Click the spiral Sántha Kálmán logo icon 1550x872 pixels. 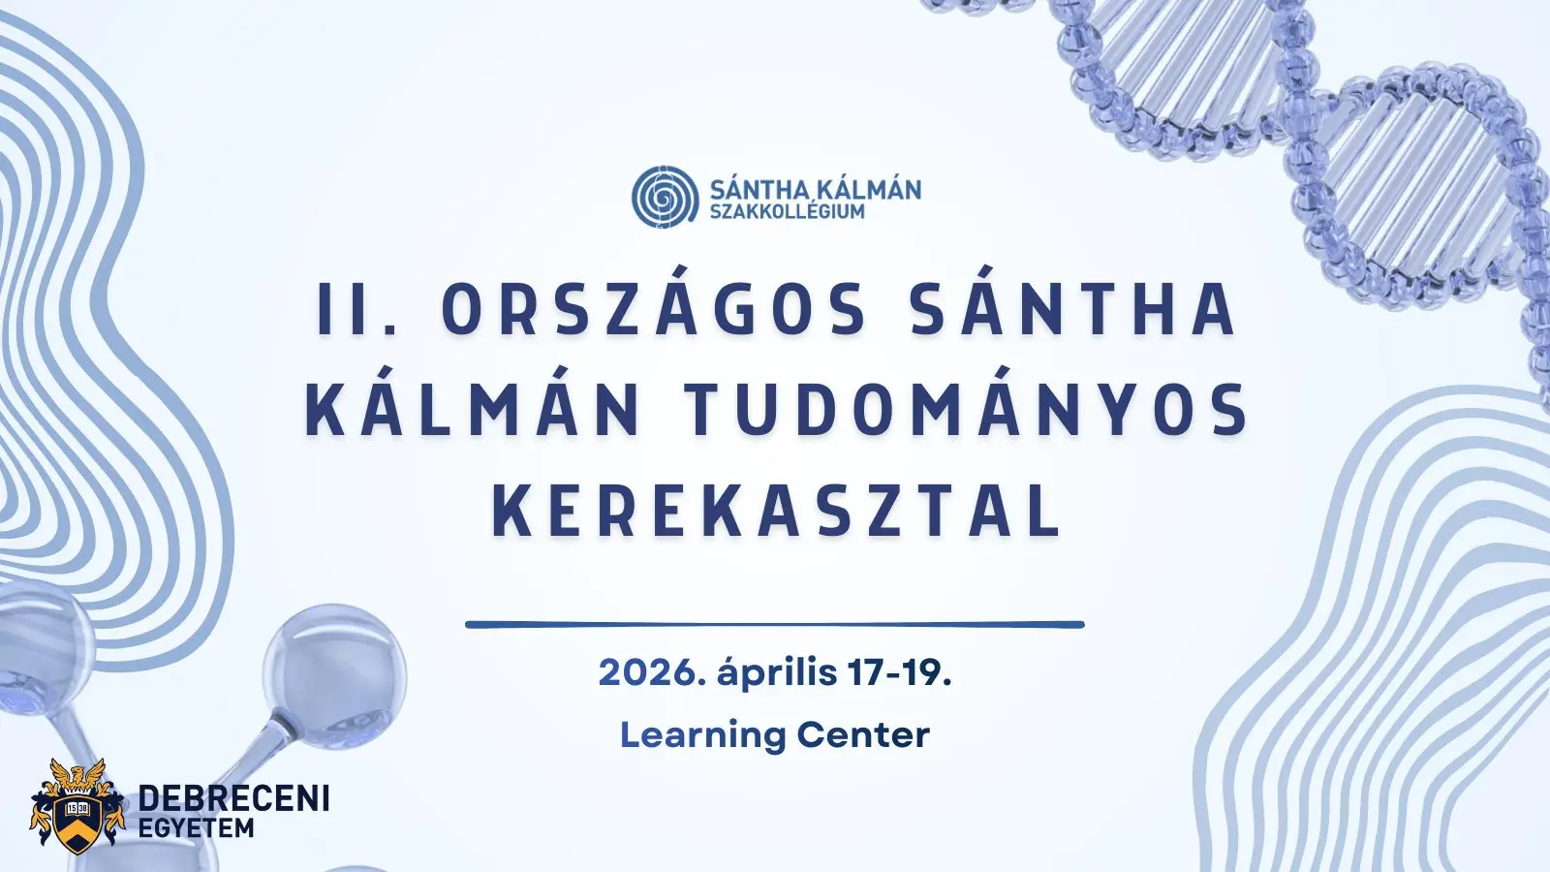pos(665,197)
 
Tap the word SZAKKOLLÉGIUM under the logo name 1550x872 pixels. pos(787,211)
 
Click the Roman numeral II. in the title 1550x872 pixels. pos(357,310)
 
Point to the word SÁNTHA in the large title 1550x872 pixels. pos(1072,310)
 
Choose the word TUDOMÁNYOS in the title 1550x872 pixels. pos(968,411)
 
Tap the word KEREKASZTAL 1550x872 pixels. pos(776,511)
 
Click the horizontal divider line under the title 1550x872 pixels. pos(775,625)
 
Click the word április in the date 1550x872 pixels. pos(777,672)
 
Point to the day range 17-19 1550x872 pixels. pos(899,672)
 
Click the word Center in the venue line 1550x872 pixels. pos(863,735)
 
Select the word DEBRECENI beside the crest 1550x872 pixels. pos(234,798)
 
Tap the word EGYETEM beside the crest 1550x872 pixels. pos(197,829)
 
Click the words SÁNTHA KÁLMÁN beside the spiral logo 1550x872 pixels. pos(815,189)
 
